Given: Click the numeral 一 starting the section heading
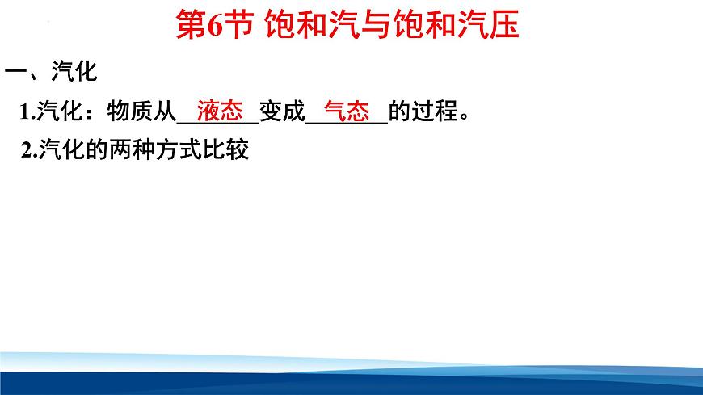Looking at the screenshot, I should (16, 73).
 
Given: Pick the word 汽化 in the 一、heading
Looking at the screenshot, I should (74, 73).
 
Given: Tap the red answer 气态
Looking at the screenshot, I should (346, 111).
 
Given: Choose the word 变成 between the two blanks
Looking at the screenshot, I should (282, 112).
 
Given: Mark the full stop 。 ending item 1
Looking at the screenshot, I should (464, 116).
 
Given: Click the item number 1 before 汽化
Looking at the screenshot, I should (25, 113).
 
